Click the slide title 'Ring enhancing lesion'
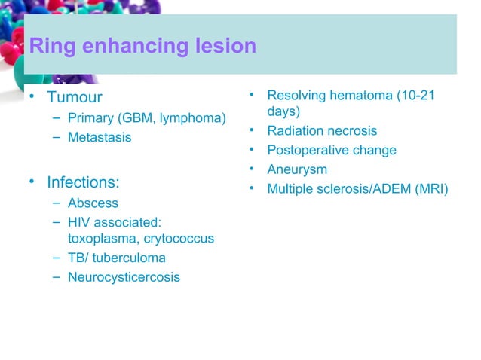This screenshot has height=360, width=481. [x=142, y=47]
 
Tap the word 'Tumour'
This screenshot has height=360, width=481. [x=74, y=98]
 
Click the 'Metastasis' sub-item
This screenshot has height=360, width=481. [x=99, y=138]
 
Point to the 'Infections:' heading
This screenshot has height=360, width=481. [x=84, y=182]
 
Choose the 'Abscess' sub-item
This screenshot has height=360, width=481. [x=93, y=203]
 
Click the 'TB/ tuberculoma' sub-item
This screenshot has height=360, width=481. [x=116, y=258]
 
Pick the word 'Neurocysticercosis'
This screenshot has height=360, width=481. [x=124, y=277]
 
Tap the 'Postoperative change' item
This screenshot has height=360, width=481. [x=332, y=151]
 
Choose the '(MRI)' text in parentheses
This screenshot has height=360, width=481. [x=430, y=189]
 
